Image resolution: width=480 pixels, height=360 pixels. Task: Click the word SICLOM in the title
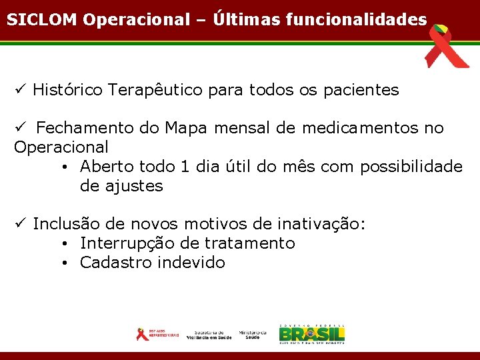coord(42,19)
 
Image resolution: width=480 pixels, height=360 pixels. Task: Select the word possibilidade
coord(411,167)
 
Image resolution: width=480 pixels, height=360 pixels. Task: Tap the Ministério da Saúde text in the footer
coord(253,334)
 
